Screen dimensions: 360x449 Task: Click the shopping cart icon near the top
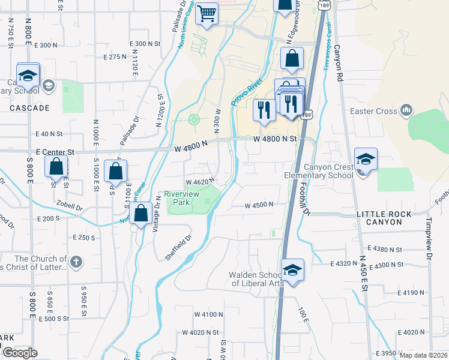pyautogui.click(x=207, y=13)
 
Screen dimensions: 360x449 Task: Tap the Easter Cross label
pyautogui.click(x=375, y=111)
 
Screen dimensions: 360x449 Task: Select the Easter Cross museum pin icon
pyautogui.click(x=406, y=110)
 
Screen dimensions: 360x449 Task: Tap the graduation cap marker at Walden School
pyautogui.click(x=292, y=270)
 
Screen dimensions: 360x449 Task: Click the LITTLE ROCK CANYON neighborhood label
pyautogui.click(x=384, y=218)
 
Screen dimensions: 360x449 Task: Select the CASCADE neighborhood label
pyautogui.click(x=29, y=108)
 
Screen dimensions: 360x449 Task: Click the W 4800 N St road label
pyautogui.click(x=275, y=139)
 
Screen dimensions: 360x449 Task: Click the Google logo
pyautogui.click(x=20, y=353)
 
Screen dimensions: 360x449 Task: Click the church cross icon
pyautogui.click(x=75, y=262)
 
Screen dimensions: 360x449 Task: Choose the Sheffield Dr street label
pyautogui.click(x=178, y=246)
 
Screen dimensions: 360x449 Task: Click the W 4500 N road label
pyautogui.click(x=259, y=205)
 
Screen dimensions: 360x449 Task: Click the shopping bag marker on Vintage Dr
pyautogui.click(x=140, y=213)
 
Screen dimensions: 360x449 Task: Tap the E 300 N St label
pyautogui.click(x=146, y=44)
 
